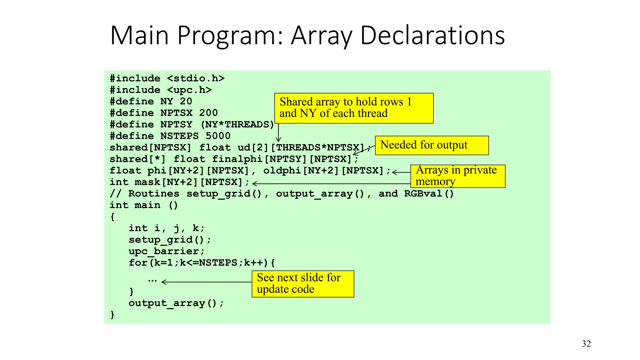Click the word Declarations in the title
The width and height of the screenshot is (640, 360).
tap(432, 35)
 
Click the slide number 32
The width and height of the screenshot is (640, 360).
tap(586, 344)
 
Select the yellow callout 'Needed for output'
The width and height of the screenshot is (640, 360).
tap(432, 145)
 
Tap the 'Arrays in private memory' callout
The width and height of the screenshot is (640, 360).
tap(457, 176)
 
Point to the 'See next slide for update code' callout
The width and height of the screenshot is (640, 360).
tap(302, 283)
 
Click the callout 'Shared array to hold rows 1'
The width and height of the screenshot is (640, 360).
tap(354, 108)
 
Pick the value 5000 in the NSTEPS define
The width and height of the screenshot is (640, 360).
tap(218, 136)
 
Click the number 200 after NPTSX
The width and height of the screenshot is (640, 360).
tap(208, 113)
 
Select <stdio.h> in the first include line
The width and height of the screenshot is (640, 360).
tap(196, 78)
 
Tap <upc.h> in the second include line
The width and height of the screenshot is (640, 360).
tap(189, 90)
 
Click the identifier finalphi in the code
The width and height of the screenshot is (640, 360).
tap(237, 159)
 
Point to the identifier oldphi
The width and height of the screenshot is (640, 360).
tap(282, 171)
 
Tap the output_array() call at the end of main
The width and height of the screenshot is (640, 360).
tap(176, 303)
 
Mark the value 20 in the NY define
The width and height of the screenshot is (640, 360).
tap(186, 101)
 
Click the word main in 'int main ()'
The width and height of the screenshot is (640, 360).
tap(147, 205)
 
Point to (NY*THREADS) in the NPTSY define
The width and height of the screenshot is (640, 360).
tap(237, 124)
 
